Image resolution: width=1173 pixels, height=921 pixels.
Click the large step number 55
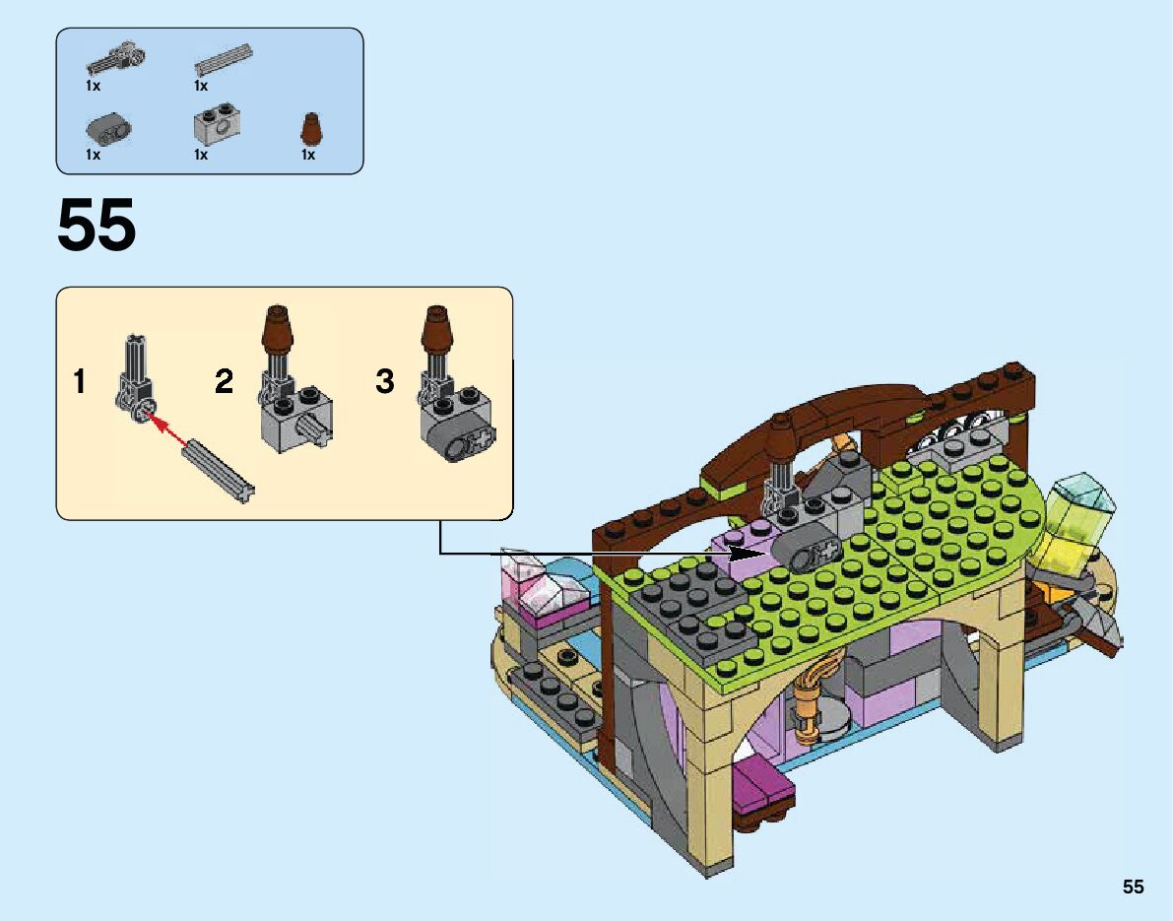tap(97, 226)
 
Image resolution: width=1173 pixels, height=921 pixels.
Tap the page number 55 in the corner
tap(1133, 887)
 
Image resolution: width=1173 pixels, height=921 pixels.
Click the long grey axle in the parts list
tap(225, 60)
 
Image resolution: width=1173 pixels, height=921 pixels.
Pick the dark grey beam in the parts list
tap(108, 129)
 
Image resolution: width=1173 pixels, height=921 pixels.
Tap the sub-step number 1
tap(80, 381)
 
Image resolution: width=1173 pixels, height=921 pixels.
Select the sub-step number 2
tap(225, 381)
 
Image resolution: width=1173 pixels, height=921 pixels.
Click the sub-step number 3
tap(385, 381)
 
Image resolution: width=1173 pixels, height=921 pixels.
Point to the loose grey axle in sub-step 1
tap(217, 470)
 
